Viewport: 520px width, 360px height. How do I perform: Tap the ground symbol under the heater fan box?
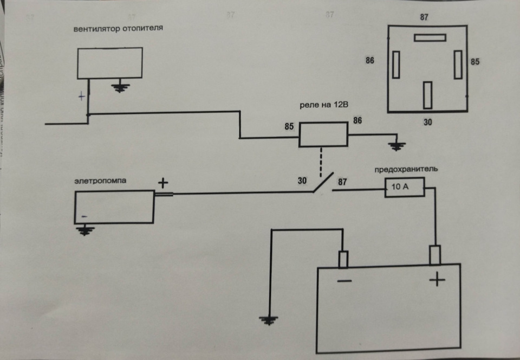tap(120, 86)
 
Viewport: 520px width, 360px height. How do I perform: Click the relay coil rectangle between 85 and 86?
tap(323, 134)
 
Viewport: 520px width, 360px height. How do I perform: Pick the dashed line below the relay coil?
tap(323, 160)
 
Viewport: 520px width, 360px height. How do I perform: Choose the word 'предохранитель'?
tap(406, 169)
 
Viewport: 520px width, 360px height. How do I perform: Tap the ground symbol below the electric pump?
tap(83, 230)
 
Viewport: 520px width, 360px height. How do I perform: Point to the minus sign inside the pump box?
tap(84, 216)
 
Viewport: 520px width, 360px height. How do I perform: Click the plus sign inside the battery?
tap(437, 280)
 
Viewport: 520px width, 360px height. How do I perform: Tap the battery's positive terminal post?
tap(435, 255)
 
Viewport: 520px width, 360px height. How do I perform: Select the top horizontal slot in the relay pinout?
tap(430, 37)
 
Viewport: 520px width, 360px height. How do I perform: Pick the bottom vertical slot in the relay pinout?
tap(428, 95)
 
